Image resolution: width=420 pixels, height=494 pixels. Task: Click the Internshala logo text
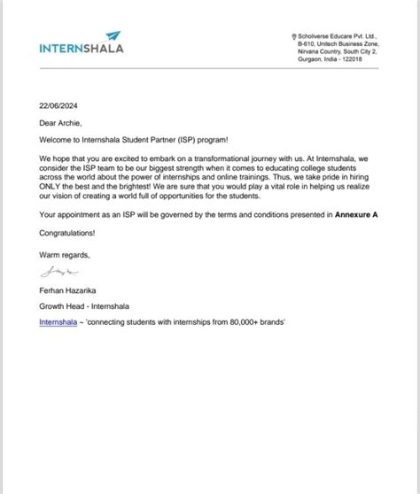(x=82, y=48)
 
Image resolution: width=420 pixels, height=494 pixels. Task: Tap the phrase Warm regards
(x=65, y=254)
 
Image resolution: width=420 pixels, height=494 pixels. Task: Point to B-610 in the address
(x=307, y=42)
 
